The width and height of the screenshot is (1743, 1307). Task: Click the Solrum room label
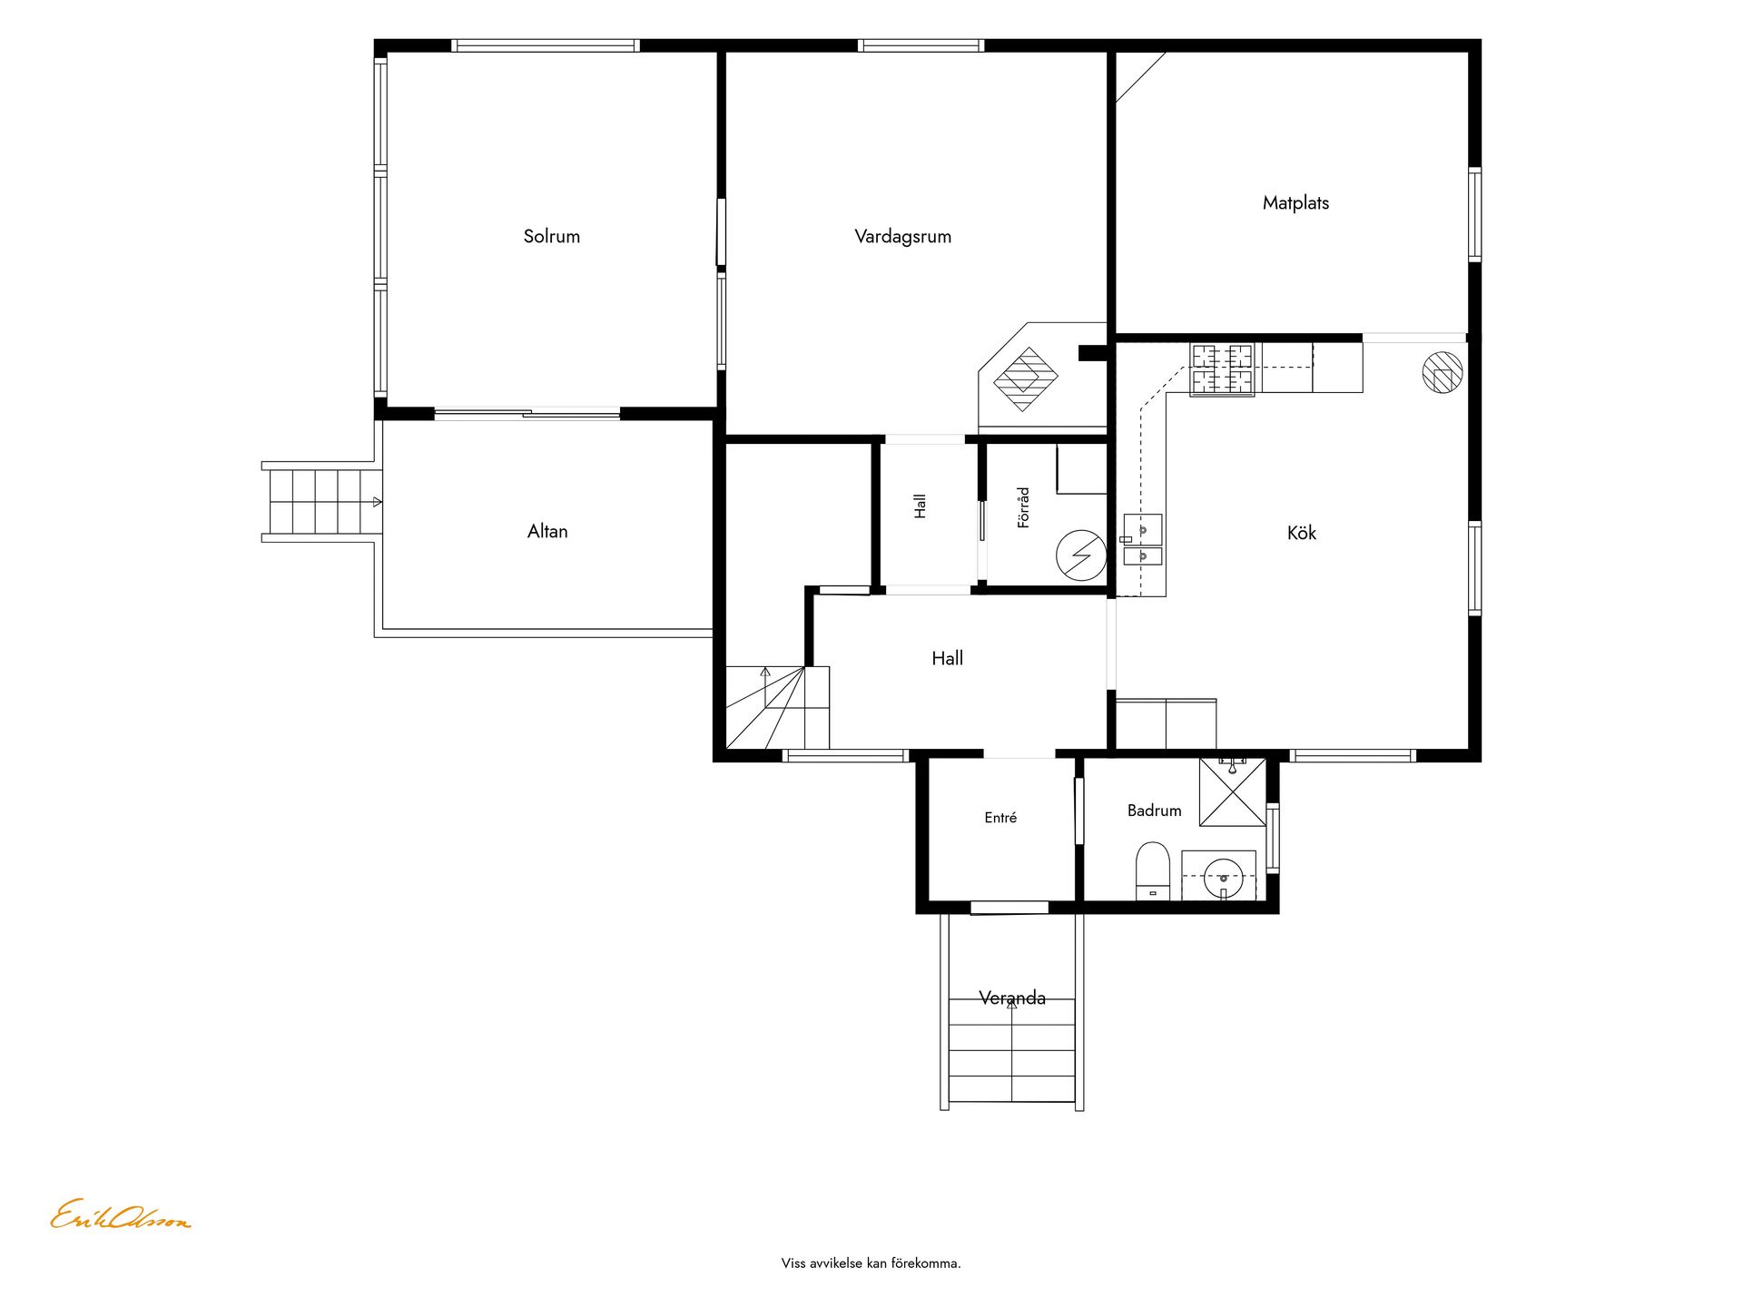click(x=551, y=236)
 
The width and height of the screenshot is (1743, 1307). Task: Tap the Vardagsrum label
click(x=902, y=237)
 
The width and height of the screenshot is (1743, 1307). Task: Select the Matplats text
click(x=1295, y=203)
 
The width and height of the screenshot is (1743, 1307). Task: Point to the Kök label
click(x=1301, y=533)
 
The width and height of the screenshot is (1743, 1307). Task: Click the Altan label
click(x=547, y=531)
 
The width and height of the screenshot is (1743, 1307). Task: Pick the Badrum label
click(x=1154, y=811)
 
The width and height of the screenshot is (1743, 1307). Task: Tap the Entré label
click(x=1000, y=818)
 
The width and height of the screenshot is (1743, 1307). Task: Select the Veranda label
click(x=1012, y=998)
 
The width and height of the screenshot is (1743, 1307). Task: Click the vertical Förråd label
click(x=1023, y=507)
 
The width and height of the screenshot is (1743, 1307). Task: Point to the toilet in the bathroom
click(x=1153, y=870)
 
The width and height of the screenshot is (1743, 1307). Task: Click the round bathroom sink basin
click(x=1223, y=879)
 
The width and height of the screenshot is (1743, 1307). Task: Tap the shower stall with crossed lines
click(x=1232, y=792)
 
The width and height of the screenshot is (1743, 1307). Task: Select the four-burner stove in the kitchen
click(x=1222, y=370)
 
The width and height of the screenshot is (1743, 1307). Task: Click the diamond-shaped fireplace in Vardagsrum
click(x=1026, y=378)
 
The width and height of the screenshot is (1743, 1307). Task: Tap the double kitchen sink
click(x=1142, y=540)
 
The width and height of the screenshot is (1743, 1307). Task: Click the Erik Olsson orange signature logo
click(x=120, y=1215)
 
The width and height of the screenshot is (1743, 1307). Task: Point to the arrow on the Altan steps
click(x=378, y=502)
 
